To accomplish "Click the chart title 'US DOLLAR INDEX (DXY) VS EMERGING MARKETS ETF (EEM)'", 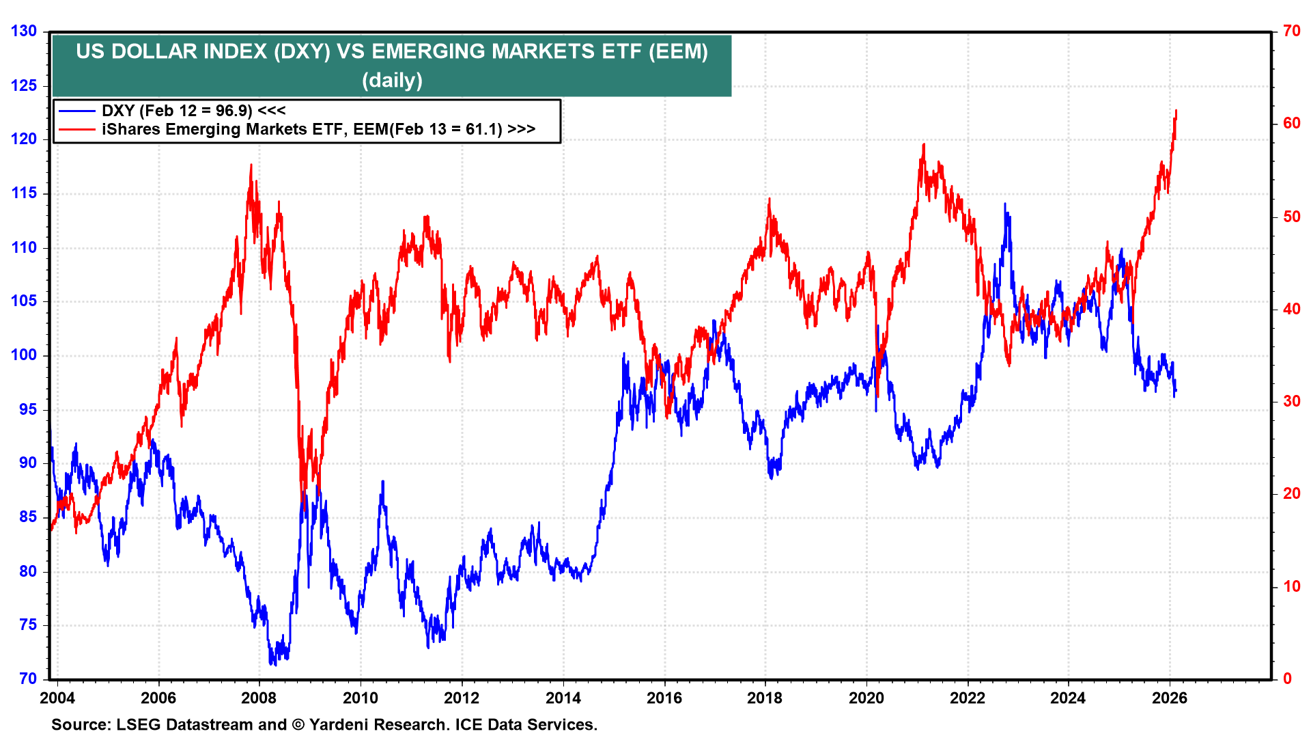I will coord(392,51).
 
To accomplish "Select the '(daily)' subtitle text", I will coord(392,81).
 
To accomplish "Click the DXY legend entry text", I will coord(193,111).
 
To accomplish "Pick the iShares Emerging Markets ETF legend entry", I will coord(318,129).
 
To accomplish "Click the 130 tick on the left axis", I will coord(24,31).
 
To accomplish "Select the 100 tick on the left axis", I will coord(24,355).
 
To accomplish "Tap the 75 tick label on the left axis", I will coord(28,625).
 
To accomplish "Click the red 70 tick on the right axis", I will coord(1291,31).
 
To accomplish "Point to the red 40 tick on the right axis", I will coord(1291,309).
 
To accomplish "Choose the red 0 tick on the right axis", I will coord(1287,679).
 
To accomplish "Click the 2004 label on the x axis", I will coord(57,698).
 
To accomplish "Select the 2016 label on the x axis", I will coord(664,698).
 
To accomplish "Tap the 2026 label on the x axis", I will coord(1170,698).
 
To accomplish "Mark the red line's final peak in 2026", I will coord(1176,111).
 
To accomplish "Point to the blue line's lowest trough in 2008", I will coord(272,664).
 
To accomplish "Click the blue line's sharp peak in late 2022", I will coord(1004,204).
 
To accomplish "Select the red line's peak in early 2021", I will coord(923,144).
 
